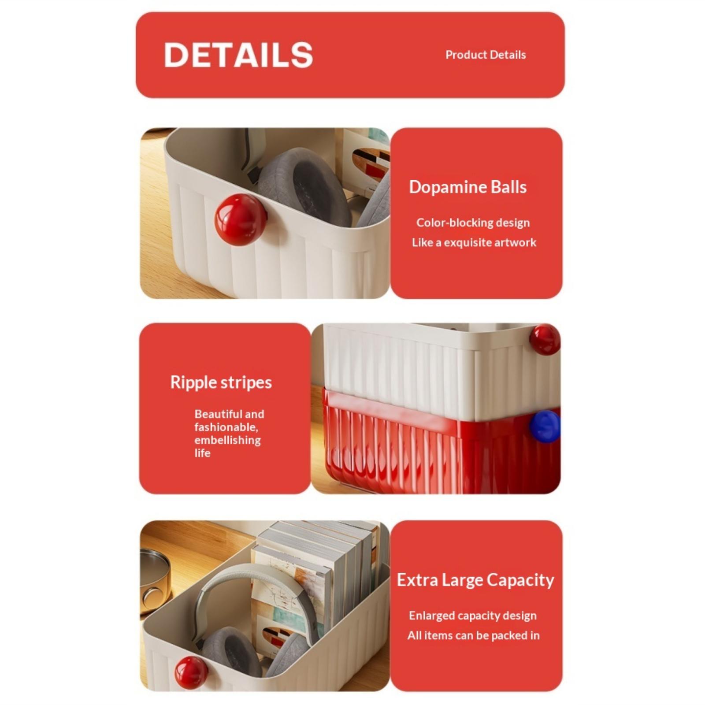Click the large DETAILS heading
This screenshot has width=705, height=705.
(238, 55)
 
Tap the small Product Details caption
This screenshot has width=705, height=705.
(486, 55)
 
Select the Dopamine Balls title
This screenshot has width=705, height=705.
(468, 187)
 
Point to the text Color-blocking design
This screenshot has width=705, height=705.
(473, 223)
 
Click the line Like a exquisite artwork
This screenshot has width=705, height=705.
(474, 243)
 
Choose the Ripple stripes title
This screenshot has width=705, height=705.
(221, 382)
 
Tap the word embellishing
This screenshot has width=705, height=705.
(227, 440)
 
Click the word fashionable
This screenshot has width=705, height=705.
(226, 427)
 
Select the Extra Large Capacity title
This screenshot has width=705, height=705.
(475, 580)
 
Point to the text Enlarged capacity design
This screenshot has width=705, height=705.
(473, 616)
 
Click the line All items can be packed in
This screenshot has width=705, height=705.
(474, 635)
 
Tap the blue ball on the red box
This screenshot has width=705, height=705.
(545, 426)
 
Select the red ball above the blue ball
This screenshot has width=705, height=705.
(545, 340)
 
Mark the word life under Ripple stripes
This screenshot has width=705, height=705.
(203, 453)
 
